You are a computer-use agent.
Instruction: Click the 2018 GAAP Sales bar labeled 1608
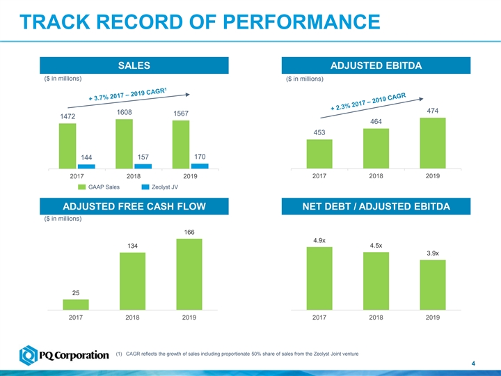click(124, 143)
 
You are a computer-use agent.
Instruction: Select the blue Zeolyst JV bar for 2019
click(200, 166)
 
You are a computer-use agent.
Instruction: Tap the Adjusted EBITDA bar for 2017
click(319, 153)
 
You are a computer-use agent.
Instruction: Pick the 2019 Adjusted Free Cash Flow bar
click(189, 274)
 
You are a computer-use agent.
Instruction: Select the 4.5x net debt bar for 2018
click(376, 281)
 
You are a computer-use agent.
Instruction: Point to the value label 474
click(433, 111)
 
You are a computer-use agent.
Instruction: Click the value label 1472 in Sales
click(68, 117)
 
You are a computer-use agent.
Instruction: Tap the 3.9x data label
click(432, 253)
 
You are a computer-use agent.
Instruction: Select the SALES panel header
click(134, 66)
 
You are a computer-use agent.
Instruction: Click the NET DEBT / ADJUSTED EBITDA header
click(376, 206)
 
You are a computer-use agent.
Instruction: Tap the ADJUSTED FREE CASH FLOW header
click(134, 206)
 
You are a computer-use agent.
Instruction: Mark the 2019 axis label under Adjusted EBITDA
click(433, 177)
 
